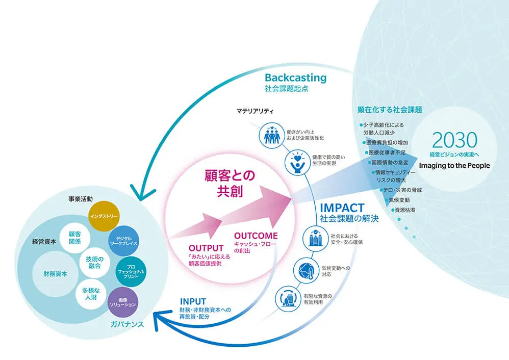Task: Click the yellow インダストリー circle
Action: [104, 216]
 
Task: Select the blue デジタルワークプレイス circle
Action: [123, 241]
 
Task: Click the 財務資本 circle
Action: [55, 273]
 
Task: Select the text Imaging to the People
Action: [454, 166]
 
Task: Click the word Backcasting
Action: [295, 78]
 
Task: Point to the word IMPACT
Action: [342, 208]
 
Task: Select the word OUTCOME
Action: [256, 236]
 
